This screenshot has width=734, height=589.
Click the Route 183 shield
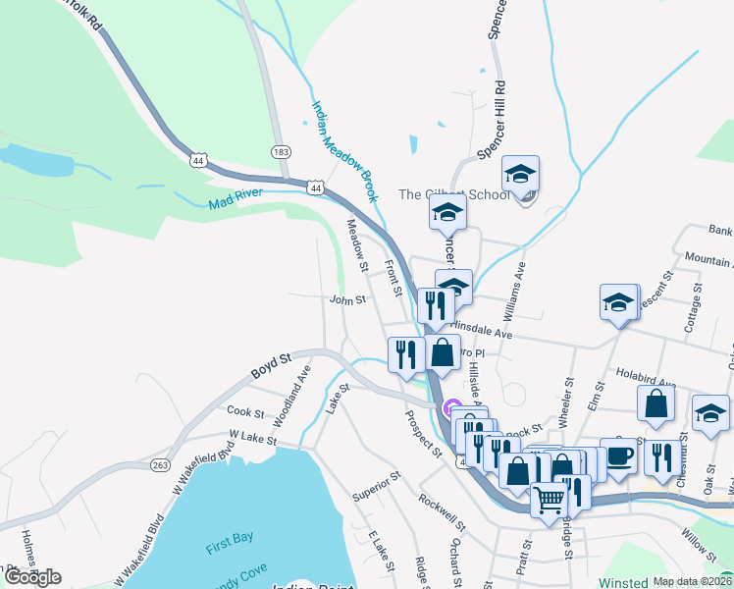click(x=282, y=151)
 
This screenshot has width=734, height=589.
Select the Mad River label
click(x=236, y=203)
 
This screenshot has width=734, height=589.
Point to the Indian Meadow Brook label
click(x=344, y=151)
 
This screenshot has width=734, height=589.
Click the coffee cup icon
click(x=618, y=455)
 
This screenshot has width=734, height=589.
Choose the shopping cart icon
click(x=549, y=500)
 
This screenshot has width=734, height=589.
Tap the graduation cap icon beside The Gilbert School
click(x=520, y=174)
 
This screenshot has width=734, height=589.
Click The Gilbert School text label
click(x=454, y=194)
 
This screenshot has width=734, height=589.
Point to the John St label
click(x=347, y=300)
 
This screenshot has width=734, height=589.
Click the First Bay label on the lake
click(x=231, y=548)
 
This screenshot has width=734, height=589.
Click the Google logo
click(x=31, y=577)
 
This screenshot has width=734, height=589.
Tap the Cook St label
click(x=244, y=412)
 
